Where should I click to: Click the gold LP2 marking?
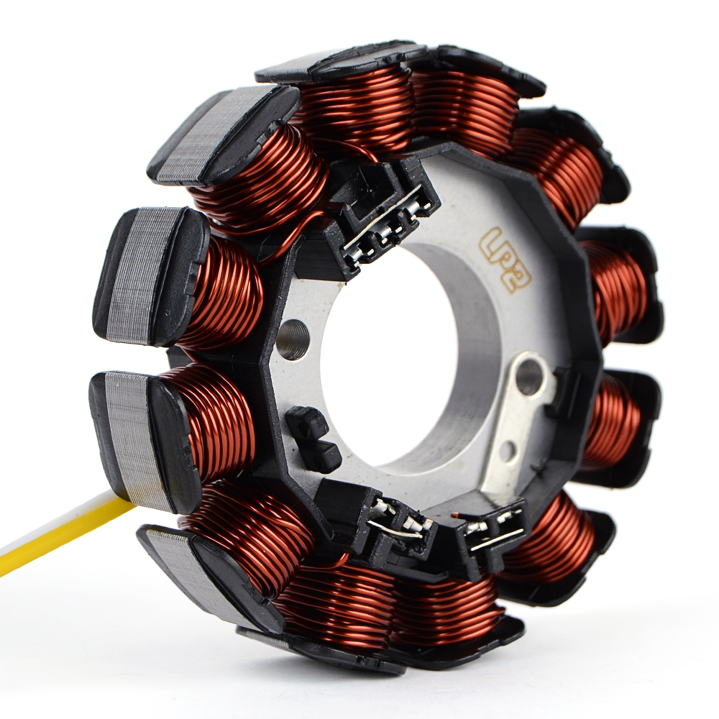coord(505,259)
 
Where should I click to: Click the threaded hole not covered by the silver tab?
coord(293,340)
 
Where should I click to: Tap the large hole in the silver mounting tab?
coord(528,372)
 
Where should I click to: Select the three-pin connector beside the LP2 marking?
coord(380,216)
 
